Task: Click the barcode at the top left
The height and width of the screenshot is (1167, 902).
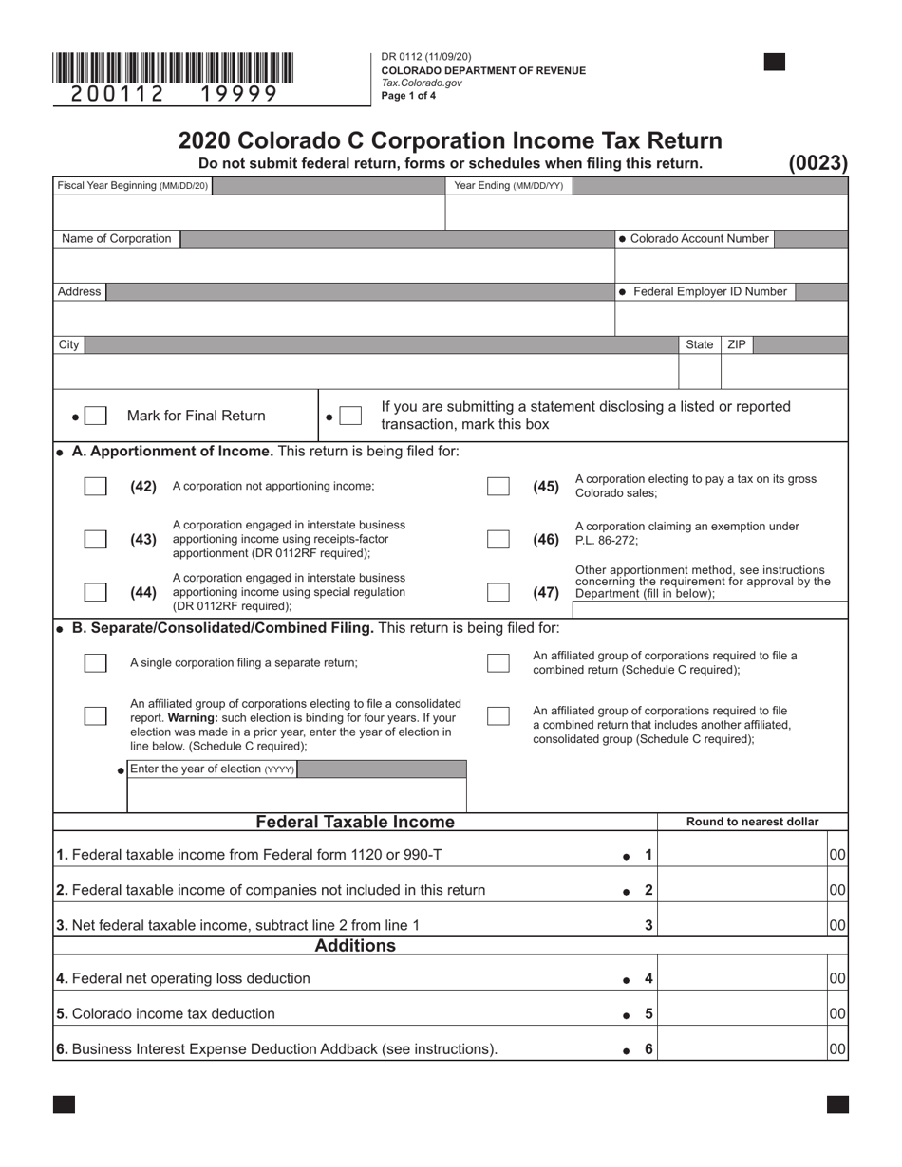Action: point(173,69)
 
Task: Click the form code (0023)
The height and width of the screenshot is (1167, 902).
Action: point(817,163)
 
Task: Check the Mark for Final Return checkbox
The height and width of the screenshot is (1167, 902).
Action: point(95,416)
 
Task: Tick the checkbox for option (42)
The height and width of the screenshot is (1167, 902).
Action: point(95,486)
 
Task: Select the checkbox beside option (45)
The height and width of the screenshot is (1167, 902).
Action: point(498,486)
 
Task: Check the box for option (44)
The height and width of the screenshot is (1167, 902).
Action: point(95,592)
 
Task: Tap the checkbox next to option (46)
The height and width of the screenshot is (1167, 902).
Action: point(498,539)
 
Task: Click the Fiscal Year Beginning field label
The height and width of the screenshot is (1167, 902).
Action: point(132,186)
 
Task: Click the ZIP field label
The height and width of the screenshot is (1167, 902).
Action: point(737,344)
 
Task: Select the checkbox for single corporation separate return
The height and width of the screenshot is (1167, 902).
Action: point(95,662)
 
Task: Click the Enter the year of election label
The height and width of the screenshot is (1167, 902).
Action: point(211,769)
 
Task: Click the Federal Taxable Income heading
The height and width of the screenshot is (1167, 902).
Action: point(355,822)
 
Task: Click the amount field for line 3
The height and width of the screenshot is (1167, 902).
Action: point(742,924)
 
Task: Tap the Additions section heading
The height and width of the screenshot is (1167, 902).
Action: point(355,946)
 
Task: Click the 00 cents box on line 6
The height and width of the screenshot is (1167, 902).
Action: point(837,1048)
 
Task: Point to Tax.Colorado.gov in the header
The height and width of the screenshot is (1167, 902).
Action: point(422,83)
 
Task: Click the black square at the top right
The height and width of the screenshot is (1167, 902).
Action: point(775,63)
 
